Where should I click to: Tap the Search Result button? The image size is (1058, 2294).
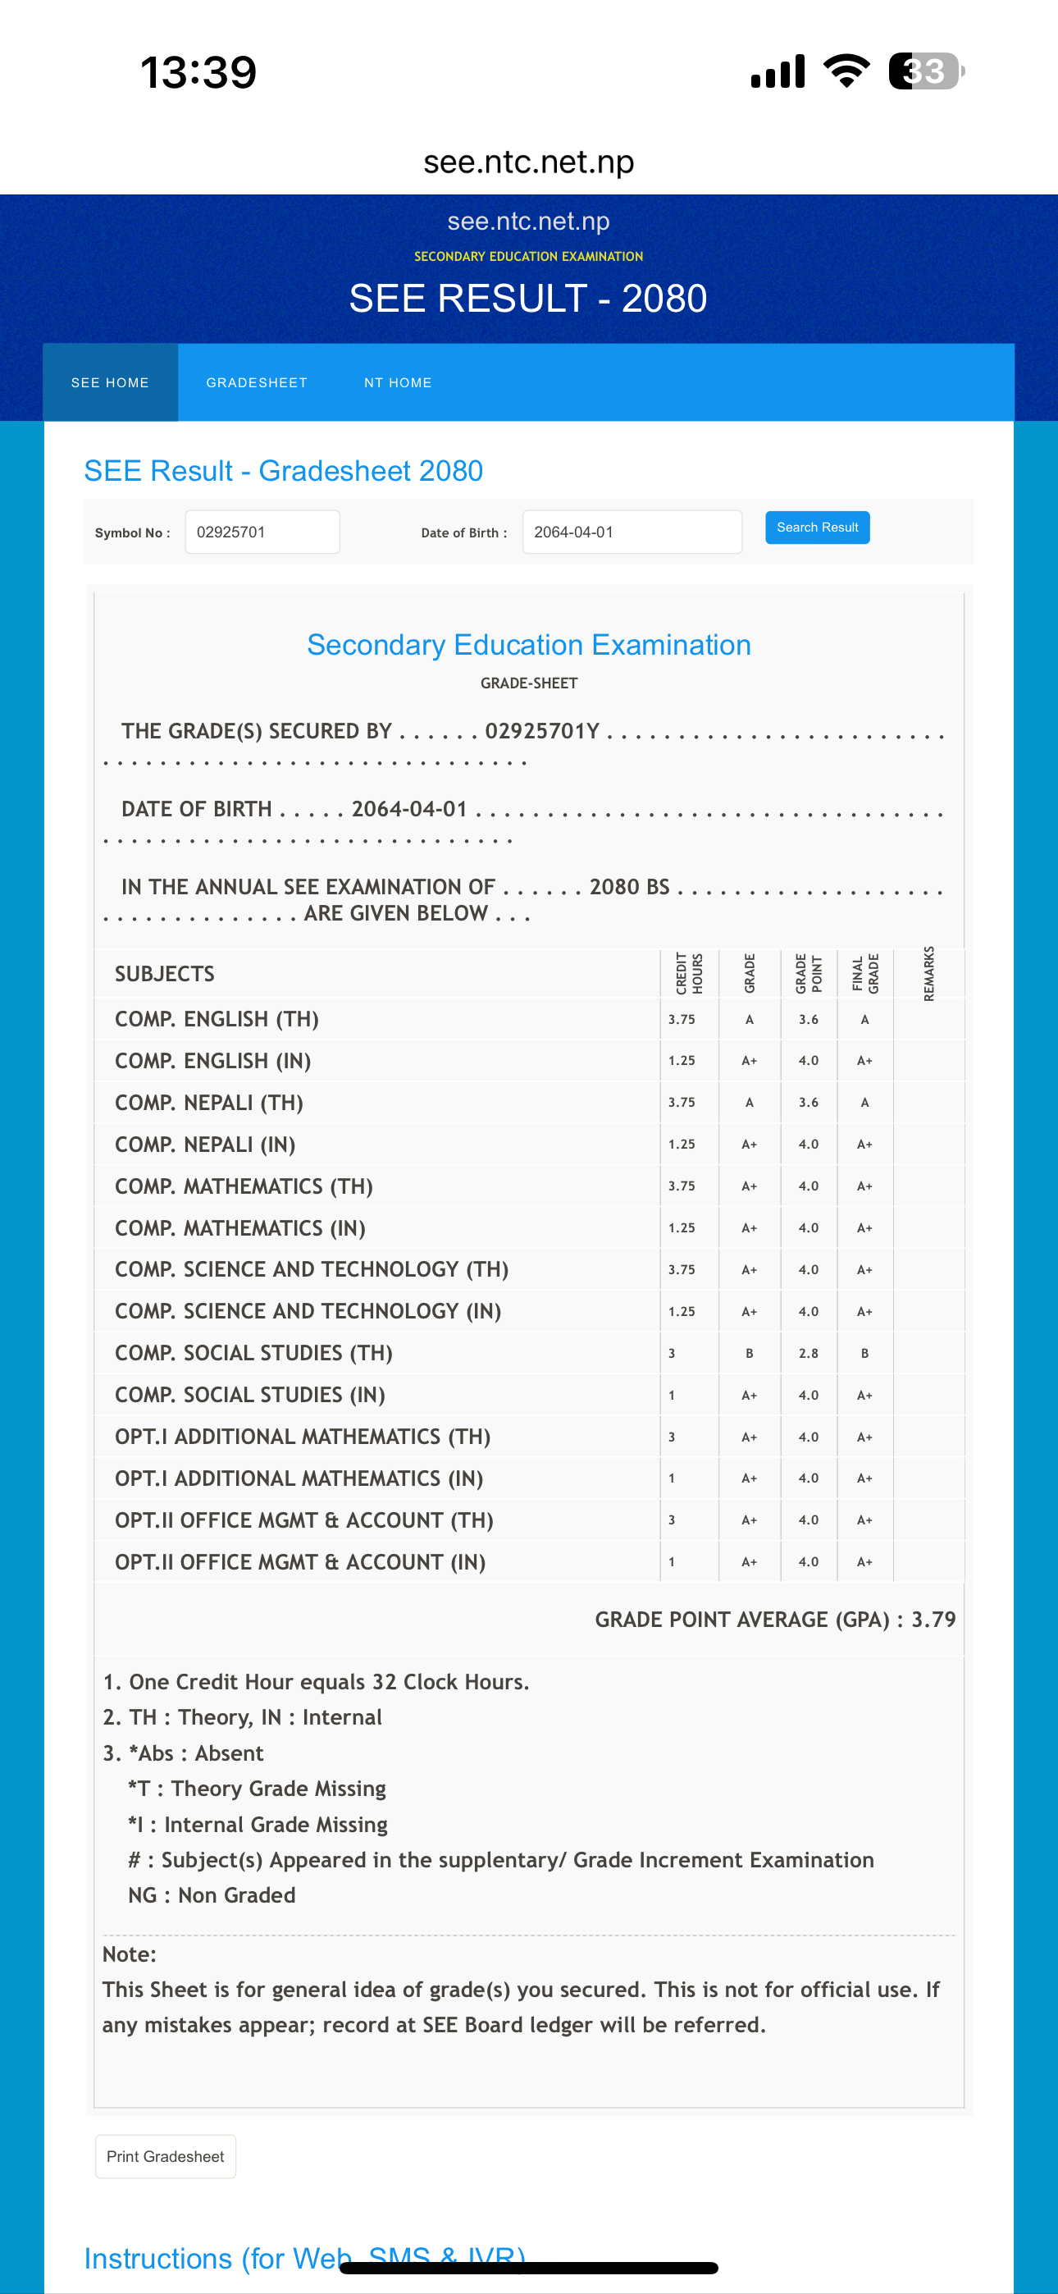(x=817, y=528)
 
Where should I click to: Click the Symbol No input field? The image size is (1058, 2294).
(x=262, y=532)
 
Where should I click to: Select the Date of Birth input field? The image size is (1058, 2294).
(x=632, y=532)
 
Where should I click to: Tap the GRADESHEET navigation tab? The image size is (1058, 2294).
(x=257, y=383)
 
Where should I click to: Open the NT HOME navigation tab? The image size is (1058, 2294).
(x=397, y=383)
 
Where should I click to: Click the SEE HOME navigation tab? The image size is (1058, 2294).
(x=111, y=383)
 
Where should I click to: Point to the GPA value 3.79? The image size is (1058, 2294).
(x=933, y=1619)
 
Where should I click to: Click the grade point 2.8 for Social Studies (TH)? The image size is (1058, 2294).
(x=808, y=1353)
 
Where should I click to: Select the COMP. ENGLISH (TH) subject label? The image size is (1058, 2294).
(x=217, y=1019)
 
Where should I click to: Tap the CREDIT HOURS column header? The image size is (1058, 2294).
(x=688, y=973)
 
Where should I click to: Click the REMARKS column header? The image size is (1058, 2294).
(x=928, y=973)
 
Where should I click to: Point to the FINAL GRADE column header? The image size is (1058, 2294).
(x=864, y=973)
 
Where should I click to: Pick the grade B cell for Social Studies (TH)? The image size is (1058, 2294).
(x=749, y=1353)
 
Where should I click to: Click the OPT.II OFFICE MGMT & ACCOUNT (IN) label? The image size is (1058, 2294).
(x=300, y=1562)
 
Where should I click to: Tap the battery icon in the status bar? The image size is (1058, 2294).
(x=925, y=71)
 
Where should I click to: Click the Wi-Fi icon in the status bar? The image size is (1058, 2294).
(x=846, y=71)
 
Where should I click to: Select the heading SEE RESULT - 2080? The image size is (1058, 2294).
(x=528, y=299)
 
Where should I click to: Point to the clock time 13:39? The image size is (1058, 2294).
(x=198, y=72)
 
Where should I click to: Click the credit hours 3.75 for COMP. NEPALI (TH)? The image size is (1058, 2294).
(x=682, y=1103)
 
